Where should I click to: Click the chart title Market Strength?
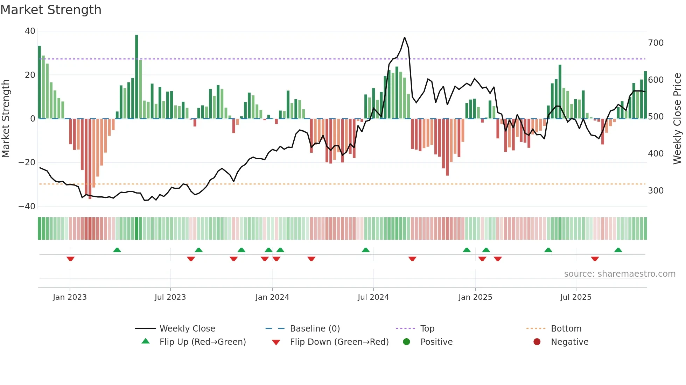(x=51, y=10)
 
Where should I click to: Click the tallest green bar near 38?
(x=136, y=77)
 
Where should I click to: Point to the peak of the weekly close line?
(x=405, y=37)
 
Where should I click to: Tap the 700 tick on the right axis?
(x=656, y=43)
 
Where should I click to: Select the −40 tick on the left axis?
(x=27, y=206)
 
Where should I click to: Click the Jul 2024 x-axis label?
(x=373, y=297)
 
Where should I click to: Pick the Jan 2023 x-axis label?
(x=70, y=297)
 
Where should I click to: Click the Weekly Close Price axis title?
(x=678, y=119)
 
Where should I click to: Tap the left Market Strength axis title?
(x=6, y=119)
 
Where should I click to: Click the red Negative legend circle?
(x=537, y=342)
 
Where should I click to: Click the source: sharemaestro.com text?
(x=619, y=274)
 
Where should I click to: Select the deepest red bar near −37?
(x=90, y=159)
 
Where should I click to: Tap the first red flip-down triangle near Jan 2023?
(x=70, y=259)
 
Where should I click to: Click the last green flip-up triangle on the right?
(x=618, y=250)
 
